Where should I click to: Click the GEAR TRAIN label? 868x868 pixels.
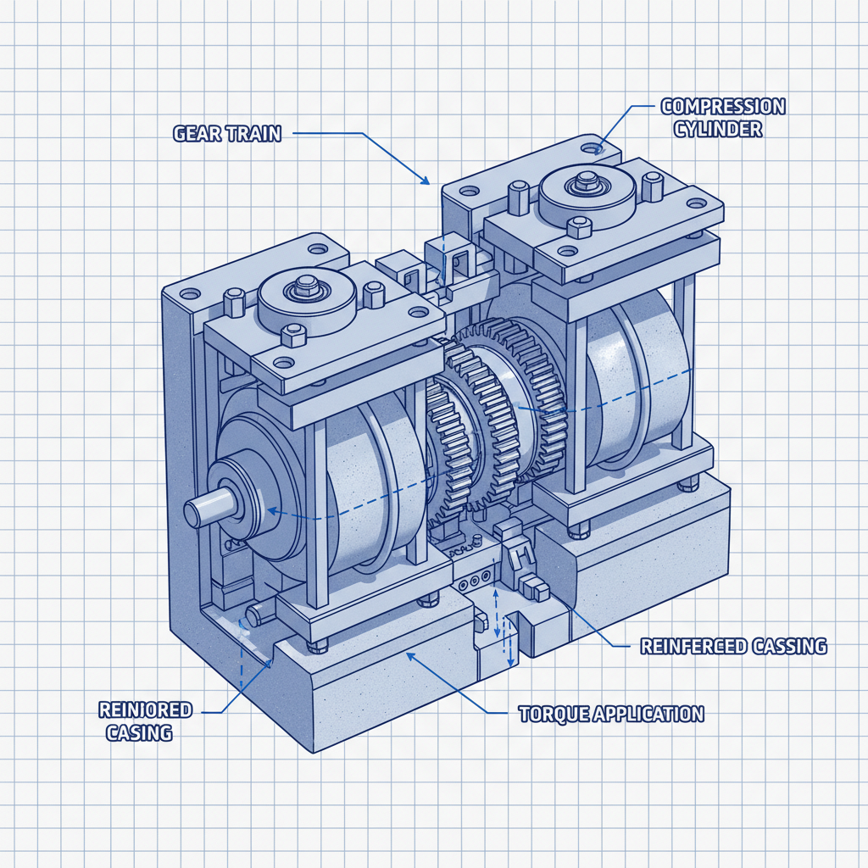[226, 133]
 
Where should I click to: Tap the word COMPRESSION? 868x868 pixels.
[722, 107]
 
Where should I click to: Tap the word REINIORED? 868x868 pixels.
[146, 709]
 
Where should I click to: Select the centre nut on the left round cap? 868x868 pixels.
[301, 290]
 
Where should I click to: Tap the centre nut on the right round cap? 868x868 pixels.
[585, 180]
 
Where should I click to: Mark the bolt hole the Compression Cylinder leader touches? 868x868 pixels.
[597, 148]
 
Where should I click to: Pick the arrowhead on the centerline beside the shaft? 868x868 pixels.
[271, 511]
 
